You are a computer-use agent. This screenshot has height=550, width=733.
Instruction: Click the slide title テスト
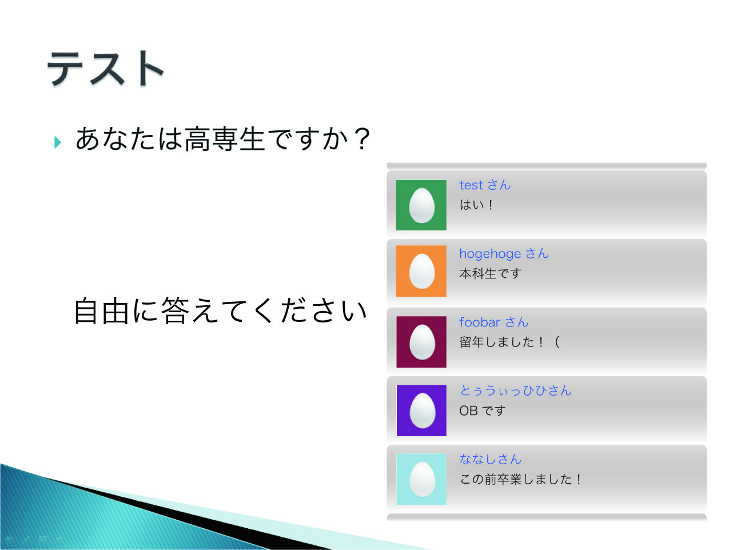coord(106,69)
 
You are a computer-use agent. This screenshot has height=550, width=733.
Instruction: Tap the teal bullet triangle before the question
coord(58,142)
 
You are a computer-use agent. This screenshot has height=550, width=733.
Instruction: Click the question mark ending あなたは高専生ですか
coord(362,138)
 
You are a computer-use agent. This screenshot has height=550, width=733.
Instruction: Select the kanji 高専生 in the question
coord(224,139)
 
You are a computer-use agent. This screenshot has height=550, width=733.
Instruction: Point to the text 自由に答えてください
coord(220,311)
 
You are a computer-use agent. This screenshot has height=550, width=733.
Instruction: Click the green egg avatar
coord(421,205)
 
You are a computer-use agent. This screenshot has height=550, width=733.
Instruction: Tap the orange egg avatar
coord(421,271)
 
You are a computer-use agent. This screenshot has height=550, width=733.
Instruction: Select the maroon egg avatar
coord(421,342)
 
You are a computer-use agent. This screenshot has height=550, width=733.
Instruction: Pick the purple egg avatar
coord(421,410)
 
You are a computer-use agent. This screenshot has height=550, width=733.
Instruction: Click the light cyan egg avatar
coord(421,479)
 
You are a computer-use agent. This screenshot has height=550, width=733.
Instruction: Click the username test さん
coord(485,185)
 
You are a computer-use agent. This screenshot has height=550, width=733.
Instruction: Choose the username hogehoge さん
coord(504,254)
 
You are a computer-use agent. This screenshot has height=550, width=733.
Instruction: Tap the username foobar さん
coord(493,322)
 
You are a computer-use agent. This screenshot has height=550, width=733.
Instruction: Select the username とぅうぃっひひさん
coord(515,390)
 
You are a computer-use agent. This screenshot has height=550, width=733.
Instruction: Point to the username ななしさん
coord(490,459)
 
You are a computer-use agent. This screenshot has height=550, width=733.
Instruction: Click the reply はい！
coord(476,205)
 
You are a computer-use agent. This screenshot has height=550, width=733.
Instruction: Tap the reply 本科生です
coord(490,273)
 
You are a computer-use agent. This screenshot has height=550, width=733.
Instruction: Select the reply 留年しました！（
coord(510,342)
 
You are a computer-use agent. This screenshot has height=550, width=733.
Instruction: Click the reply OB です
coord(483,410)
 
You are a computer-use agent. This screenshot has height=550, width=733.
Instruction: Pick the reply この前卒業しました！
coord(521,479)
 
